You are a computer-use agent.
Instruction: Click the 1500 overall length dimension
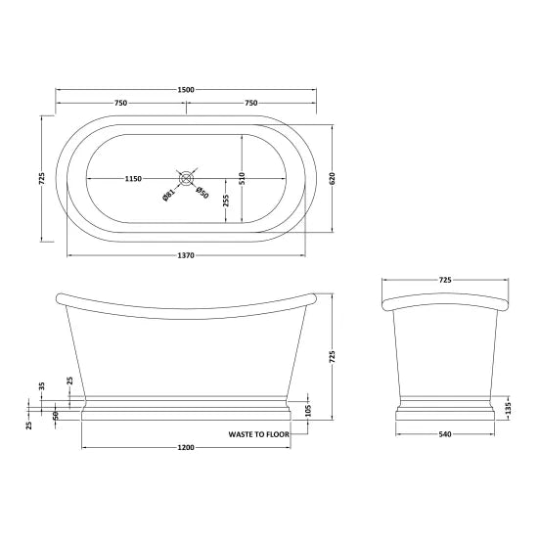click(x=186, y=90)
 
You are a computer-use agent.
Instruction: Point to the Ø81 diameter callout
click(x=167, y=193)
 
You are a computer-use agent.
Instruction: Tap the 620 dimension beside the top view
click(x=334, y=180)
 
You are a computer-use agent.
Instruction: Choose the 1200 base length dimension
click(x=186, y=448)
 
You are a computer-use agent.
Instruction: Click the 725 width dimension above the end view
click(x=445, y=281)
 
